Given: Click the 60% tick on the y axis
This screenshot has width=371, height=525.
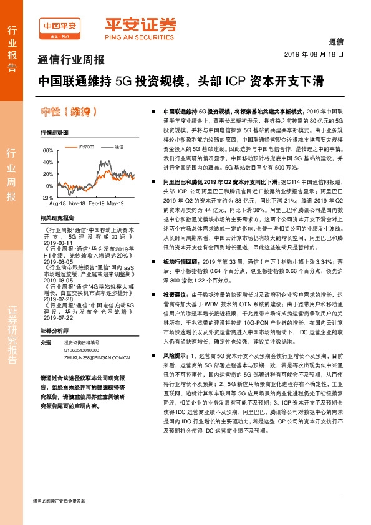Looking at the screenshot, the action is pyautogui.click(x=47, y=151).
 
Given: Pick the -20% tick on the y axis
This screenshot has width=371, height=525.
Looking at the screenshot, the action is pyautogui.click(x=47, y=196).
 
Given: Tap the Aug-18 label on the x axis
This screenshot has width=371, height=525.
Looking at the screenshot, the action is pyautogui.click(x=57, y=204).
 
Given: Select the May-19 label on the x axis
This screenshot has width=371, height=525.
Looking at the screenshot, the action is pyautogui.click(x=115, y=204).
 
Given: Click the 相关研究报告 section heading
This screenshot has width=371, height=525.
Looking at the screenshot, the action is pyautogui.click(x=57, y=218).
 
